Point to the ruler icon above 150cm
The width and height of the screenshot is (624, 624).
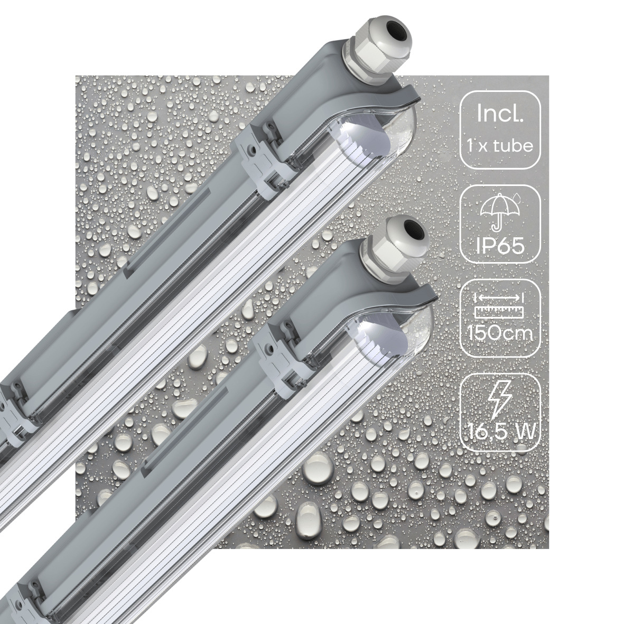point(499,305)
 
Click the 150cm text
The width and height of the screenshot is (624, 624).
point(500,334)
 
